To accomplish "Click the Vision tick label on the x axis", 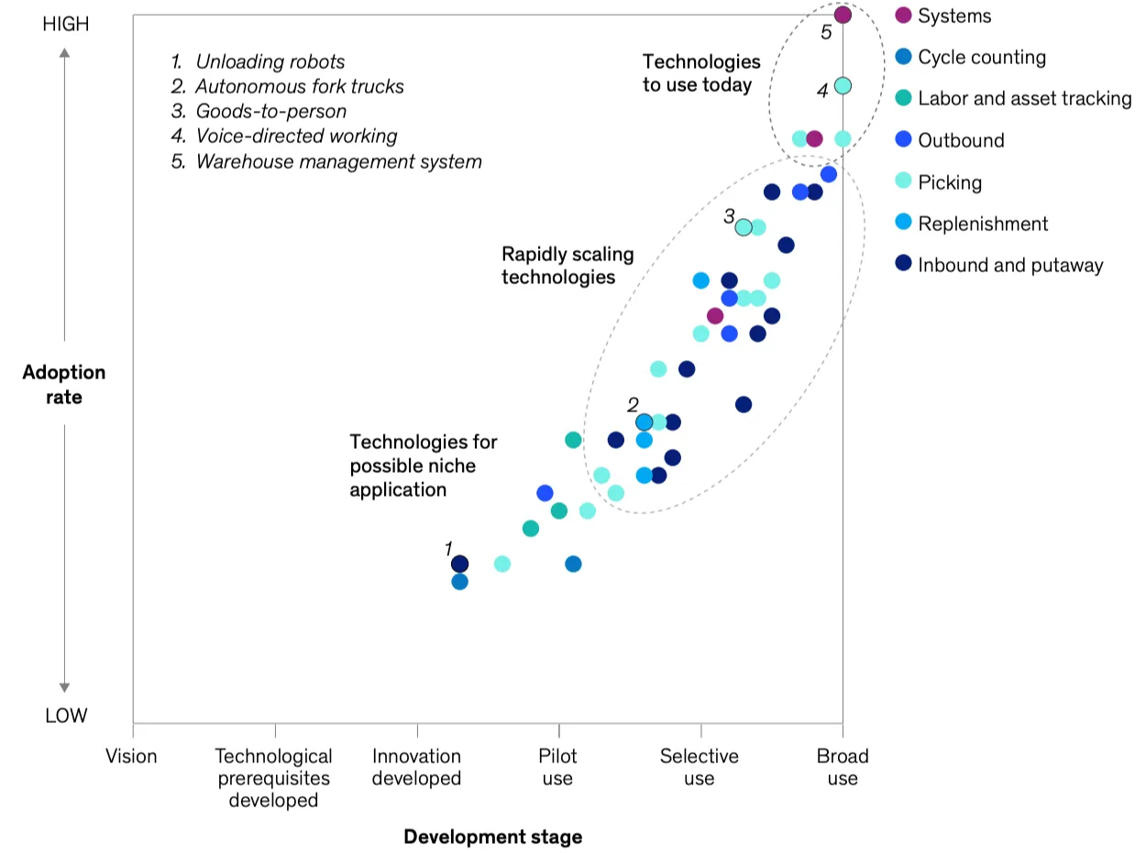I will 132,756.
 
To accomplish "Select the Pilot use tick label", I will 557,767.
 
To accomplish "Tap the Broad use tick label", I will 843,767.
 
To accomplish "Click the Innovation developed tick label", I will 416,767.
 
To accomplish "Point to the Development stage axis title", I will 492,837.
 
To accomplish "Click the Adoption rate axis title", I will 64,385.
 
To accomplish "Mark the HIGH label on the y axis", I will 66,25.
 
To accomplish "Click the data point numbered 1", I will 460,563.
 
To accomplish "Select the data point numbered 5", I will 843,15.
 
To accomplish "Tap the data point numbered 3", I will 744,227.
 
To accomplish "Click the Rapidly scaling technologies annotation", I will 567,265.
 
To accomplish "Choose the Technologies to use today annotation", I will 701,73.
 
